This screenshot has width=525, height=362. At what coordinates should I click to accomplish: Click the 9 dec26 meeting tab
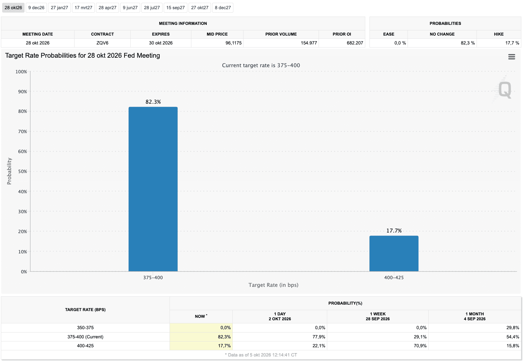click(x=36, y=8)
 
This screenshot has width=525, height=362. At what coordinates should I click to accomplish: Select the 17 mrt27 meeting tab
click(x=83, y=8)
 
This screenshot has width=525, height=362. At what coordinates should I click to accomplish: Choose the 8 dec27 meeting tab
click(x=223, y=8)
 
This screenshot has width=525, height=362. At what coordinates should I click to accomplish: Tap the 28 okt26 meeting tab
click(x=13, y=8)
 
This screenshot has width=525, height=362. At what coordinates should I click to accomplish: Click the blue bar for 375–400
click(x=153, y=189)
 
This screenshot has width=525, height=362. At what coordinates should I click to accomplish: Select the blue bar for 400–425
click(x=394, y=254)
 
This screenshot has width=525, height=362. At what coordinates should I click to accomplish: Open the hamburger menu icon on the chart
click(x=512, y=57)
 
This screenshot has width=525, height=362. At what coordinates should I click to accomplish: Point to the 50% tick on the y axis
click(x=22, y=171)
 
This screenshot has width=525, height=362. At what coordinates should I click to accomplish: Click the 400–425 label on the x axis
click(x=394, y=278)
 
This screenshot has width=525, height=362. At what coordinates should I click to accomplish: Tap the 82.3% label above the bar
click(x=153, y=102)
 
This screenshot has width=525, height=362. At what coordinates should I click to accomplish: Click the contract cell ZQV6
click(x=102, y=43)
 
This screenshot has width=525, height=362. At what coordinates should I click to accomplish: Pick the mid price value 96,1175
click(x=233, y=43)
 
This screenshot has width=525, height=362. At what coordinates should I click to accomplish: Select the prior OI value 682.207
click(x=355, y=43)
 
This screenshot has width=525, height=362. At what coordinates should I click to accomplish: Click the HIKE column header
click(x=499, y=34)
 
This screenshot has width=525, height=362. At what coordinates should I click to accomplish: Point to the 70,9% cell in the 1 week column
click(x=420, y=346)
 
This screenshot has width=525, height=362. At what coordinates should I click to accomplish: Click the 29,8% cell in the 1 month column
click(x=513, y=328)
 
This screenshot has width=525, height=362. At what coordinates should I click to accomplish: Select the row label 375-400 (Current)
click(x=85, y=337)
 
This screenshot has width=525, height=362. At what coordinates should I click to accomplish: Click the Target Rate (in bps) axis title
click(x=274, y=285)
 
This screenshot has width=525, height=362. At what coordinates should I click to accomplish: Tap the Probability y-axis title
click(x=9, y=171)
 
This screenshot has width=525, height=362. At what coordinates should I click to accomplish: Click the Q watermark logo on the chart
click(x=505, y=90)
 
